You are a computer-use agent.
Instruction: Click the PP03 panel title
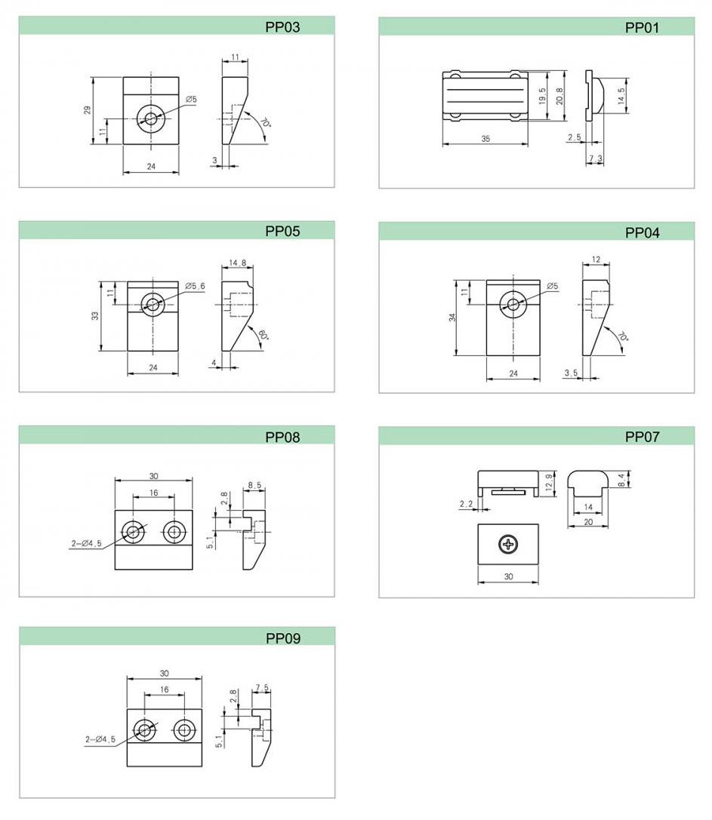click(x=282, y=26)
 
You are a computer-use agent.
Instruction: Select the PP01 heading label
click(x=642, y=28)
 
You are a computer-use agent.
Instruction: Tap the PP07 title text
click(x=642, y=437)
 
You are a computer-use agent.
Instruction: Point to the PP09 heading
click(x=282, y=638)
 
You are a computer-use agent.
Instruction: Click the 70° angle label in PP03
click(x=266, y=124)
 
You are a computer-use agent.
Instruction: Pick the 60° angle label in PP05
click(x=263, y=335)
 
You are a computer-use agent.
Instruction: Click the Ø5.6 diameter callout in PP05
click(x=196, y=286)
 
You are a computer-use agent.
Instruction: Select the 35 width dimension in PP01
click(x=485, y=139)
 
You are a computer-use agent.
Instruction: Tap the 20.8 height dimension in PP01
click(x=559, y=97)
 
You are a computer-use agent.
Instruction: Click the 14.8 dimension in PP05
click(x=237, y=263)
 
